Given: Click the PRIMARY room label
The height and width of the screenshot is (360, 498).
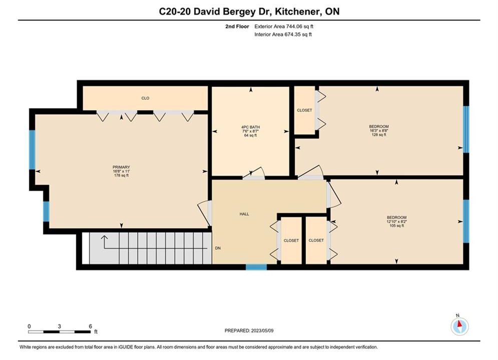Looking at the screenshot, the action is [x=121, y=167].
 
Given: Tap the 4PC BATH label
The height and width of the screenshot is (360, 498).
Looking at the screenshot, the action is [x=251, y=127].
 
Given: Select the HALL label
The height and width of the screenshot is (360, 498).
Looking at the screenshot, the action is [x=244, y=214].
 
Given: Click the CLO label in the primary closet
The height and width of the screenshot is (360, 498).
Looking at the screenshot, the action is [x=145, y=98].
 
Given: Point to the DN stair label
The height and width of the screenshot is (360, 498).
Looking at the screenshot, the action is [x=218, y=248].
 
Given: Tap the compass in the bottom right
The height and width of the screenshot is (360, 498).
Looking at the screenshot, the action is [x=459, y=325].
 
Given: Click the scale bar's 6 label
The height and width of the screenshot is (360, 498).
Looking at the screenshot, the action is [x=91, y=326].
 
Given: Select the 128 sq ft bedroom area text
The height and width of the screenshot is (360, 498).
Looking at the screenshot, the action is [x=379, y=134].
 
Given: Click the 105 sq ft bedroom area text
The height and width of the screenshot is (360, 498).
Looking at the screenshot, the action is [x=397, y=226].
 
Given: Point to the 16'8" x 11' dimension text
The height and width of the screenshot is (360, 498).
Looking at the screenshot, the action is [x=121, y=171].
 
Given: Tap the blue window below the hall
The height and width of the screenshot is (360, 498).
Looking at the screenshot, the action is [x=256, y=267].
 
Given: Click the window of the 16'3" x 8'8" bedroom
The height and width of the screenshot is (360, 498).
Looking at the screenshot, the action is [x=466, y=129].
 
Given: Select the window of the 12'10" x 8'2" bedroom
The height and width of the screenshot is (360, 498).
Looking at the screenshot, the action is [x=466, y=221].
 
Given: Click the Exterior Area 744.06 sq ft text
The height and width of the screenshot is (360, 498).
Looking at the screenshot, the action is [x=284, y=26].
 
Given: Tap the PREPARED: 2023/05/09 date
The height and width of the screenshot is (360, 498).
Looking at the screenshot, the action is [x=249, y=330].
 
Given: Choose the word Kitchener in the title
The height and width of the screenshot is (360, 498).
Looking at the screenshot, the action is [x=297, y=11].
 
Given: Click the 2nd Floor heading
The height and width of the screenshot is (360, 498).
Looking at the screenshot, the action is [x=237, y=26].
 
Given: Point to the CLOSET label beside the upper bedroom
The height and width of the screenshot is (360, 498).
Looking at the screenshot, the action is [x=305, y=110].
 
